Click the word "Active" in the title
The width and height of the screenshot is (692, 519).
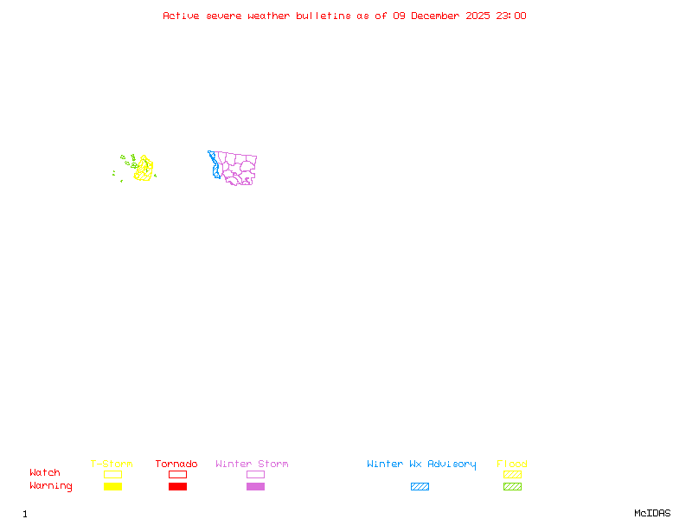click(x=179, y=16)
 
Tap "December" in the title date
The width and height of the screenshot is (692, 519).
click(x=440, y=16)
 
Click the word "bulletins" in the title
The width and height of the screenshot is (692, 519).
click(x=324, y=16)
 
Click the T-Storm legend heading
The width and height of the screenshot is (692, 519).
click(x=112, y=465)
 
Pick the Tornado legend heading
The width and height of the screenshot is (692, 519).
click(x=176, y=465)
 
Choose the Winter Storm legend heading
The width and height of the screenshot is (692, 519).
click(x=252, y=465)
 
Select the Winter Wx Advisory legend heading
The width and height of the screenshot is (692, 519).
click(x=421, y=465)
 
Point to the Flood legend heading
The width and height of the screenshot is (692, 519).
click(x=512, y=465)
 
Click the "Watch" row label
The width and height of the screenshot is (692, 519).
click(x=45, y=473)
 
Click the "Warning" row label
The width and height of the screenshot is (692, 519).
click(x=51, y=486)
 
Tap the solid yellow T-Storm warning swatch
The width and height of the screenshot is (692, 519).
click(x=112, y=487)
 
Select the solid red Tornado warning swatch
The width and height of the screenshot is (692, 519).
click(x=177, y=487)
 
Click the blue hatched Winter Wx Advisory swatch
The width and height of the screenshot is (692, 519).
click(x=420, y=487)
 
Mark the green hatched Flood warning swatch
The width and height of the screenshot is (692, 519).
click(x=512, y=487)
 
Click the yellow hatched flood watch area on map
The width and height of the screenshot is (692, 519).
click(x=144, y=169)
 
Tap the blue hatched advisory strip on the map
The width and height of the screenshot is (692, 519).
click(x=214, y=165)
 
